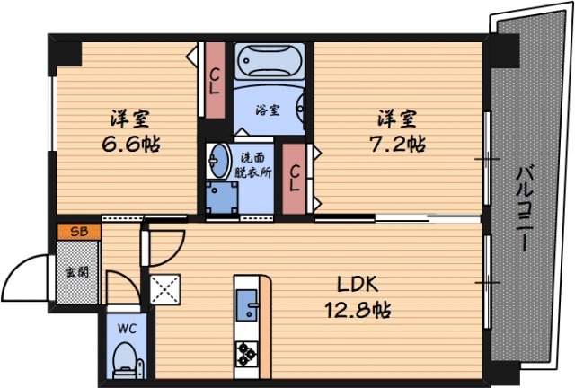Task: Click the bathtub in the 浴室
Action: [x=270, y=61]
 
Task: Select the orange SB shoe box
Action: [x=79, y=232]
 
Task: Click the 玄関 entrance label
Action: [x=77, y=272]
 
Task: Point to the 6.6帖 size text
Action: [x=131, y=145]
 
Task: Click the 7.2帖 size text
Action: [x=397, y=144]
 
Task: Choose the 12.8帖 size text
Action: [x=358, y=310]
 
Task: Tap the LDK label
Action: [x=358, y=284]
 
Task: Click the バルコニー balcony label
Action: [x=525, y=208]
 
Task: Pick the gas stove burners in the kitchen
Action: [x=246, y=354]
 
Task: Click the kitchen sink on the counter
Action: [x=247, y=304]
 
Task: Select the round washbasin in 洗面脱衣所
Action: [x=218, y=161]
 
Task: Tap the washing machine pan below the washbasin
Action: [x=222, y=197]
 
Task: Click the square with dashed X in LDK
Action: [x=165, y=289]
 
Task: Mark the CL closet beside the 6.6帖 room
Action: [x=215, y=80]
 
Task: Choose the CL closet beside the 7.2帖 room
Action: [x=294, y=179]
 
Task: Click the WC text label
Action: [x=127, y=328]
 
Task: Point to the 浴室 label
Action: [x=268, y=110]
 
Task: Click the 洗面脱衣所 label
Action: [x=252, y=165]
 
